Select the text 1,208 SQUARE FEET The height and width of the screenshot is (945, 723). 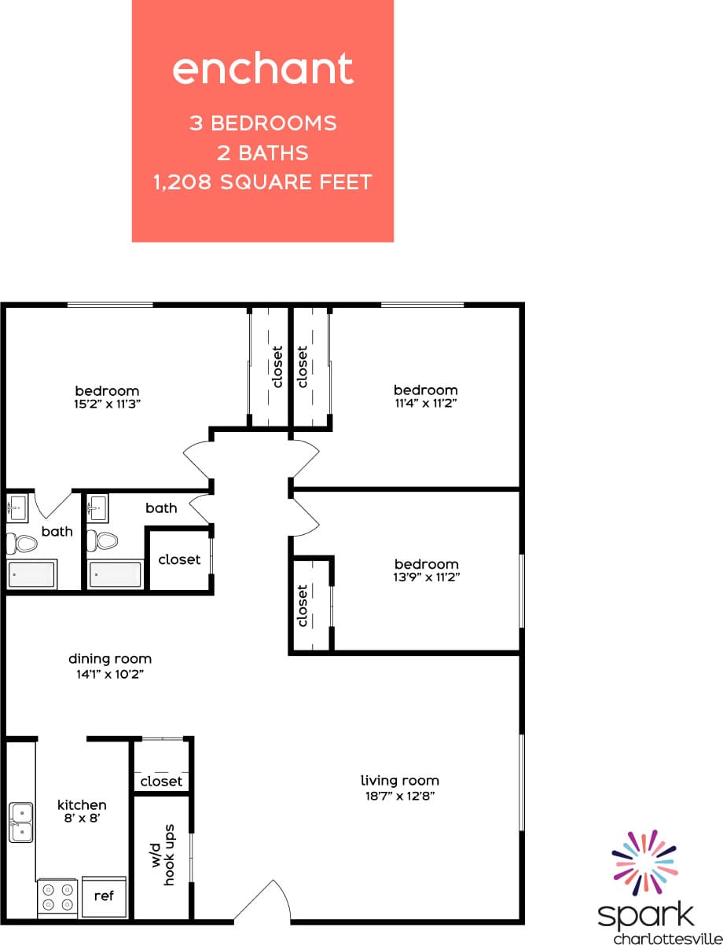262,183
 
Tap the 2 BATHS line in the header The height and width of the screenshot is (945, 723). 262,153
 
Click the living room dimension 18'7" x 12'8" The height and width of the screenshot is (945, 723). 399,795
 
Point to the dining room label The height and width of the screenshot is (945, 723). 110,659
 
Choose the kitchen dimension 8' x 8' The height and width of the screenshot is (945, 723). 82,818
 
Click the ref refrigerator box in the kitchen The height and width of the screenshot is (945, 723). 104,896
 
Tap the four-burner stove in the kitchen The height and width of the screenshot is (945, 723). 57,896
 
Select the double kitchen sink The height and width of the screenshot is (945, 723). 21,822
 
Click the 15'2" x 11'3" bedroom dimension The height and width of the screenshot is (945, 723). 107,404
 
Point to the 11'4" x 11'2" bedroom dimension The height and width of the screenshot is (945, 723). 425,403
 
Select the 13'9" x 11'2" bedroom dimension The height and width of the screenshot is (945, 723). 426,577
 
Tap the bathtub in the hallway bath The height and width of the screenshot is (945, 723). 115,573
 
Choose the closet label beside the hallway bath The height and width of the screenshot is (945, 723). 179,559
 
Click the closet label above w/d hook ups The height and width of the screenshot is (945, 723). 161,781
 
